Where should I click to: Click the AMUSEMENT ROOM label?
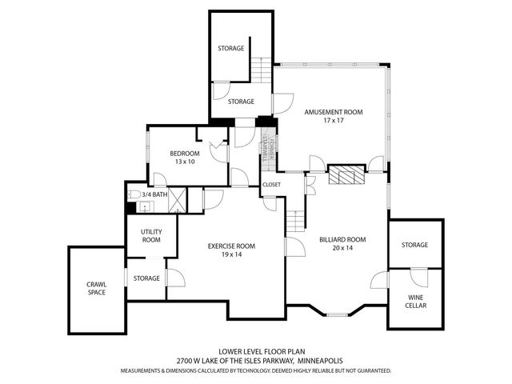pos(333,113)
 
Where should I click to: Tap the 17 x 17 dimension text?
pos(333,122)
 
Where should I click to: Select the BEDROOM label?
pos(185,153)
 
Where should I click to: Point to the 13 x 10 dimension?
pos(185,162)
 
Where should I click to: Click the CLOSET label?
pos(271,185)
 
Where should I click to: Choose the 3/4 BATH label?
pos(155,194)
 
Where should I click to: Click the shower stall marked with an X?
pos(178,198)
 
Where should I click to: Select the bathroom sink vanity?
pos(144,207)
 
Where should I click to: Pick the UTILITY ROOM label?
pos(152,235)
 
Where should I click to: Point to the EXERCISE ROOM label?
pos(231,246)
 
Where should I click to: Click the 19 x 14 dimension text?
pos(231,254)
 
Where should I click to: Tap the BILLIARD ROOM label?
pos(342,239)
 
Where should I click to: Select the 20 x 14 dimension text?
pos(342,248)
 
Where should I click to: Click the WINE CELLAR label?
pos(415,301)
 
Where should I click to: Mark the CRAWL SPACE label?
pos(97,288)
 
